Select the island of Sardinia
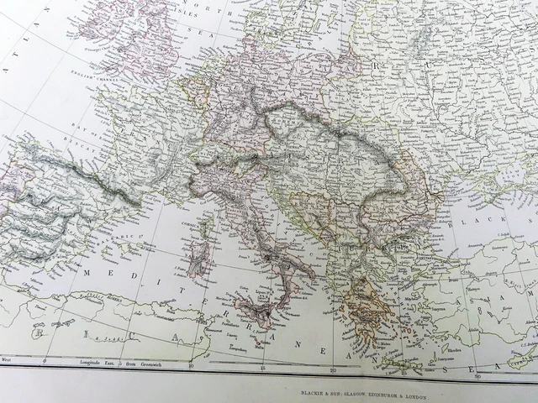coord(197,260)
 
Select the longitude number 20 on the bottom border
coord(335,370)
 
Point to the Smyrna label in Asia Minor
coord(444,310)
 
